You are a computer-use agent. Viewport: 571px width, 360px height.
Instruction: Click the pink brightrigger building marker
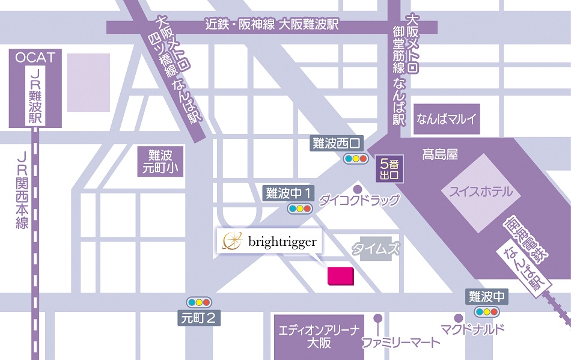340,275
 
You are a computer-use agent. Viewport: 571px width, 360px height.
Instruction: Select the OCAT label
35,58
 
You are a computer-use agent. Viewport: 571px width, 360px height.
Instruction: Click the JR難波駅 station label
35,96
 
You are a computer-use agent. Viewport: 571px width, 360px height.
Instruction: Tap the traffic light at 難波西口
355,159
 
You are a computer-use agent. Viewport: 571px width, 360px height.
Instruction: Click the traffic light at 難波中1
299,209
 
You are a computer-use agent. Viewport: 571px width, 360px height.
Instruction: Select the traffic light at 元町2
198,302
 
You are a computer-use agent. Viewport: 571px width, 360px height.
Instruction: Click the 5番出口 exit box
388,169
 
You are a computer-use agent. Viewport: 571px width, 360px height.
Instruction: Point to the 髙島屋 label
439,154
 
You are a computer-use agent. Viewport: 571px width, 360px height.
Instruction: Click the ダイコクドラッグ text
359,200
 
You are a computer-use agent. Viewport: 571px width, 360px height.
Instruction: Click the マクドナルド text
472,329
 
